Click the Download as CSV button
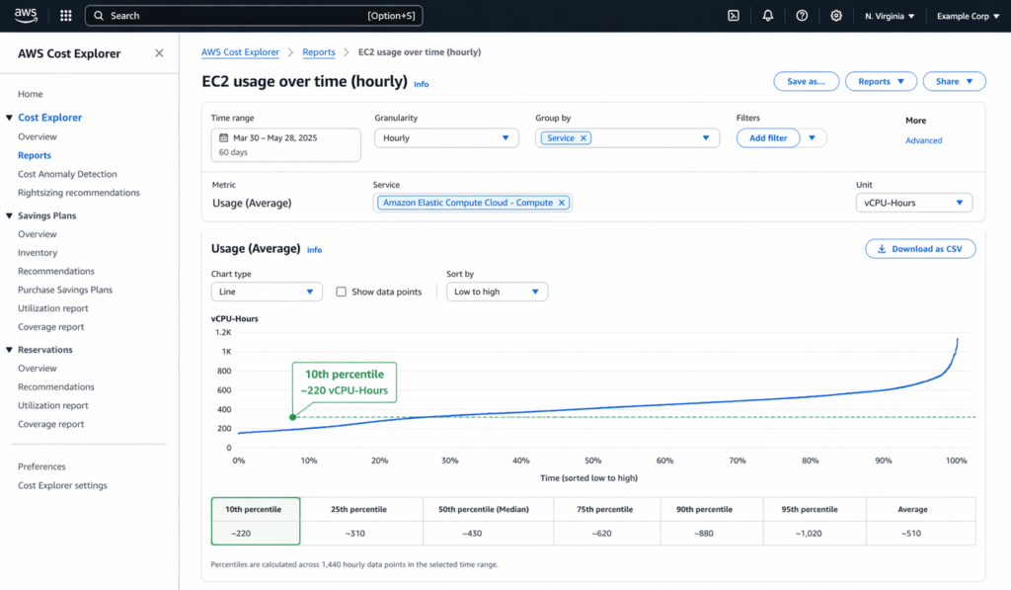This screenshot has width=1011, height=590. coord(920,249)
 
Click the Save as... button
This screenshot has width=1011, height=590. coord(806,81)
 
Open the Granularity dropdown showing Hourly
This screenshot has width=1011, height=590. coord(446,138)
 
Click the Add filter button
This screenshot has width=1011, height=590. coord(768,138)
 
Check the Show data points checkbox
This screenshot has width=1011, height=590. coord(342,292)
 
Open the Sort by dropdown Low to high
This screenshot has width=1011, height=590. coord(497,292)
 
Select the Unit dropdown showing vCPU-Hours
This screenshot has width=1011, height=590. coord(913,203)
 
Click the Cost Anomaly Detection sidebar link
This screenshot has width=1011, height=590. coord(67,174)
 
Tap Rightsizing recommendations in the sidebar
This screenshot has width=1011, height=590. coord(79,193)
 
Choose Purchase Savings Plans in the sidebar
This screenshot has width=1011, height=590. coord(65,290)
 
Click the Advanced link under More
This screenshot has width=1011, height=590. coord(923,140)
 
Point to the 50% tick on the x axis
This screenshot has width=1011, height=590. coord(592,461)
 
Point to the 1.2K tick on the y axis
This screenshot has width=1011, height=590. coord(222,333)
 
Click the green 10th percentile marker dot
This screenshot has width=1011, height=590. coord(292,417)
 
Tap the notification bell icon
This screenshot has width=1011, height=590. coord(767,16)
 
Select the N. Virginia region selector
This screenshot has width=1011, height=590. coord(889,16)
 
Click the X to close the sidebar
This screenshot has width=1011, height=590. coord(159,53)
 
